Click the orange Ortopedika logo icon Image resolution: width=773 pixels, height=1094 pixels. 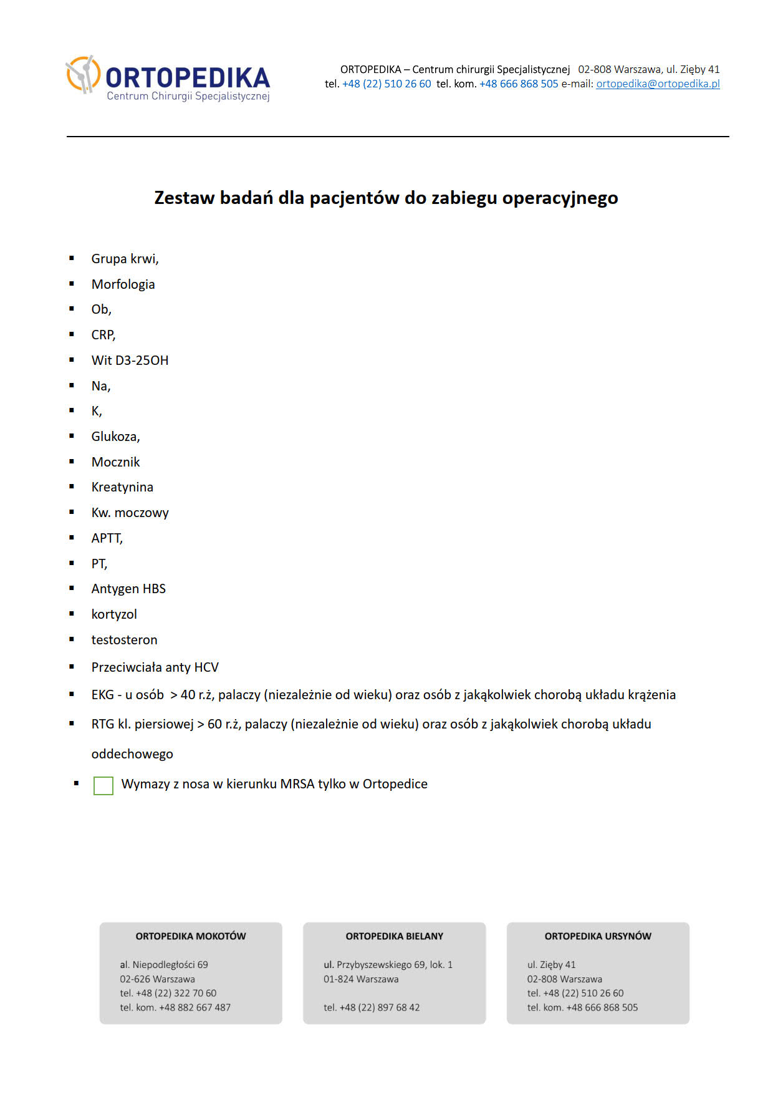(x=83, y=75)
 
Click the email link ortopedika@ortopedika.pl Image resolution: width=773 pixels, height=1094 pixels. (x=658, y=84)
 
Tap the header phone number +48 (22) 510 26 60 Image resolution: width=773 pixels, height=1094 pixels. (x=386, y=84)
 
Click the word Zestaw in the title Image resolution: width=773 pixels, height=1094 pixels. (x=184, y=198)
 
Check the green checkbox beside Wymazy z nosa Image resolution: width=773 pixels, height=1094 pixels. (x=103, y=785)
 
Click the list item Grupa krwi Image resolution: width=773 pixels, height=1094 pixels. (x=125, y=259)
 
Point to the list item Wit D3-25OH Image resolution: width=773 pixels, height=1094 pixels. (x=130, y=361)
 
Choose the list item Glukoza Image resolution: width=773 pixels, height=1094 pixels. (x=115, y=437)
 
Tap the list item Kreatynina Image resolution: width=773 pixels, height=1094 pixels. (x=122, y=487)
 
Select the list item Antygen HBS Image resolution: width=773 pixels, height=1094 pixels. (x=128, y=589)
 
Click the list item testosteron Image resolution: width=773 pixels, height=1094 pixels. (x=124, y=640)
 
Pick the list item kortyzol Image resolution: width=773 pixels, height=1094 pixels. (x=114, y=614)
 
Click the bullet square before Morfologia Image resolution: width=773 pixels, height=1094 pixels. (x=72, y=284)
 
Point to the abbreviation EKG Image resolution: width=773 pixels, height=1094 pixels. (x=103, y=695)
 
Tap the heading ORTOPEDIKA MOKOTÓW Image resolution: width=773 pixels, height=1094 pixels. (x=191, y=936)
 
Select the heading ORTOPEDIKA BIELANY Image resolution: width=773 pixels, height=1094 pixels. (x=395, y=936)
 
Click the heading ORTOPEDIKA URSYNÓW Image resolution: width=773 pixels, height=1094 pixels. (x=598, y=936)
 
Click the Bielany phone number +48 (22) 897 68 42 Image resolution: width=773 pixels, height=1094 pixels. (x=379, y=1007)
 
